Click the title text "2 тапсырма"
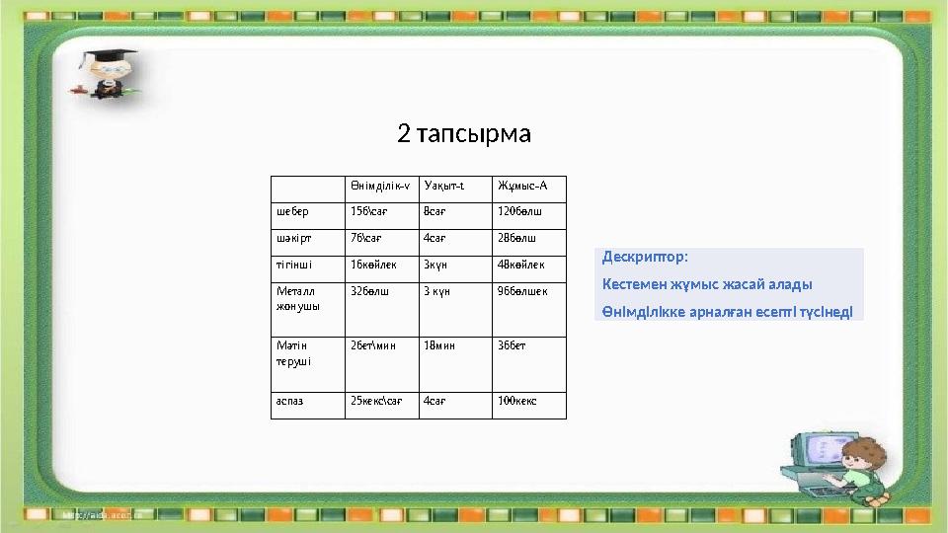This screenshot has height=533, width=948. (464, 132)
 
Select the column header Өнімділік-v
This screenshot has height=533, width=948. (380, 186)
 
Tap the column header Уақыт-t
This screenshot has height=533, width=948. (443, 186)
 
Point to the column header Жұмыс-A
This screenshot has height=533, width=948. (522, 186)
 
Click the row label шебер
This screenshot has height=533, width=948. (292, 211)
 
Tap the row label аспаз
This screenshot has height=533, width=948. (289, 401)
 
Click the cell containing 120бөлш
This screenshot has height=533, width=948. (519, 211)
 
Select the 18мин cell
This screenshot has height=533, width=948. (439, 345)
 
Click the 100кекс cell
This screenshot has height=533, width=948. (517, 401)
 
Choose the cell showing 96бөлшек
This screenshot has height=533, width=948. (522, 291)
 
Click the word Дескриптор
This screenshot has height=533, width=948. (644, 258)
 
